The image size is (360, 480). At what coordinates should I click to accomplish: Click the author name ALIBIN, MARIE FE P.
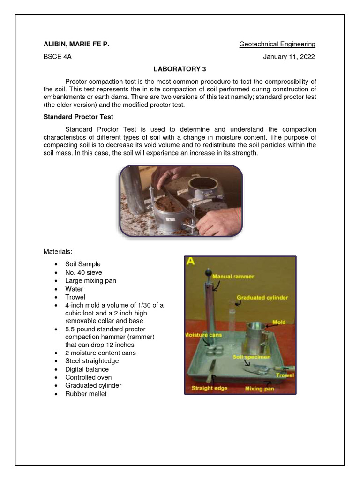tap(76, 45)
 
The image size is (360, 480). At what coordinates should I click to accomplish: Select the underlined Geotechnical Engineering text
tap(277, 45)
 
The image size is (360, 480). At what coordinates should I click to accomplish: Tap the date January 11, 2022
tap(289, 57)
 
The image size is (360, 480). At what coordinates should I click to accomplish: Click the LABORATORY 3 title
tap(180, 69)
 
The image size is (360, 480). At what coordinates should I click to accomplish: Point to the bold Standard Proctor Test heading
tap(78, 117)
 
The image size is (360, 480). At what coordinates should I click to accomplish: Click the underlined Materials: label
tap(58, 252)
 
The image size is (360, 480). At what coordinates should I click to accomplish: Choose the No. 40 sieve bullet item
tap(83, 272)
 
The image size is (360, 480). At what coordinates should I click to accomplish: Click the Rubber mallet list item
tap(86, 394)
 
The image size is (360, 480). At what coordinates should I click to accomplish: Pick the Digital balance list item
tap(87, 369)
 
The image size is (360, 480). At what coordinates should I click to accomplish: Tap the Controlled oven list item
tap(89, 377)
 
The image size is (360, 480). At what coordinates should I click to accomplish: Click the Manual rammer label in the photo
tap(233, 277)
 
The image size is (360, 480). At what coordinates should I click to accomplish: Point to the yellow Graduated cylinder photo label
tap(262, 297)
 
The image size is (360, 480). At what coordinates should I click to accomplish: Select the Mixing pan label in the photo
tap(260, 389)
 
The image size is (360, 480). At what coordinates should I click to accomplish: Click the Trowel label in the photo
tap(285, 375)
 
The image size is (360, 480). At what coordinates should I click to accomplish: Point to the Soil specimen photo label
tap(252, 357)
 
